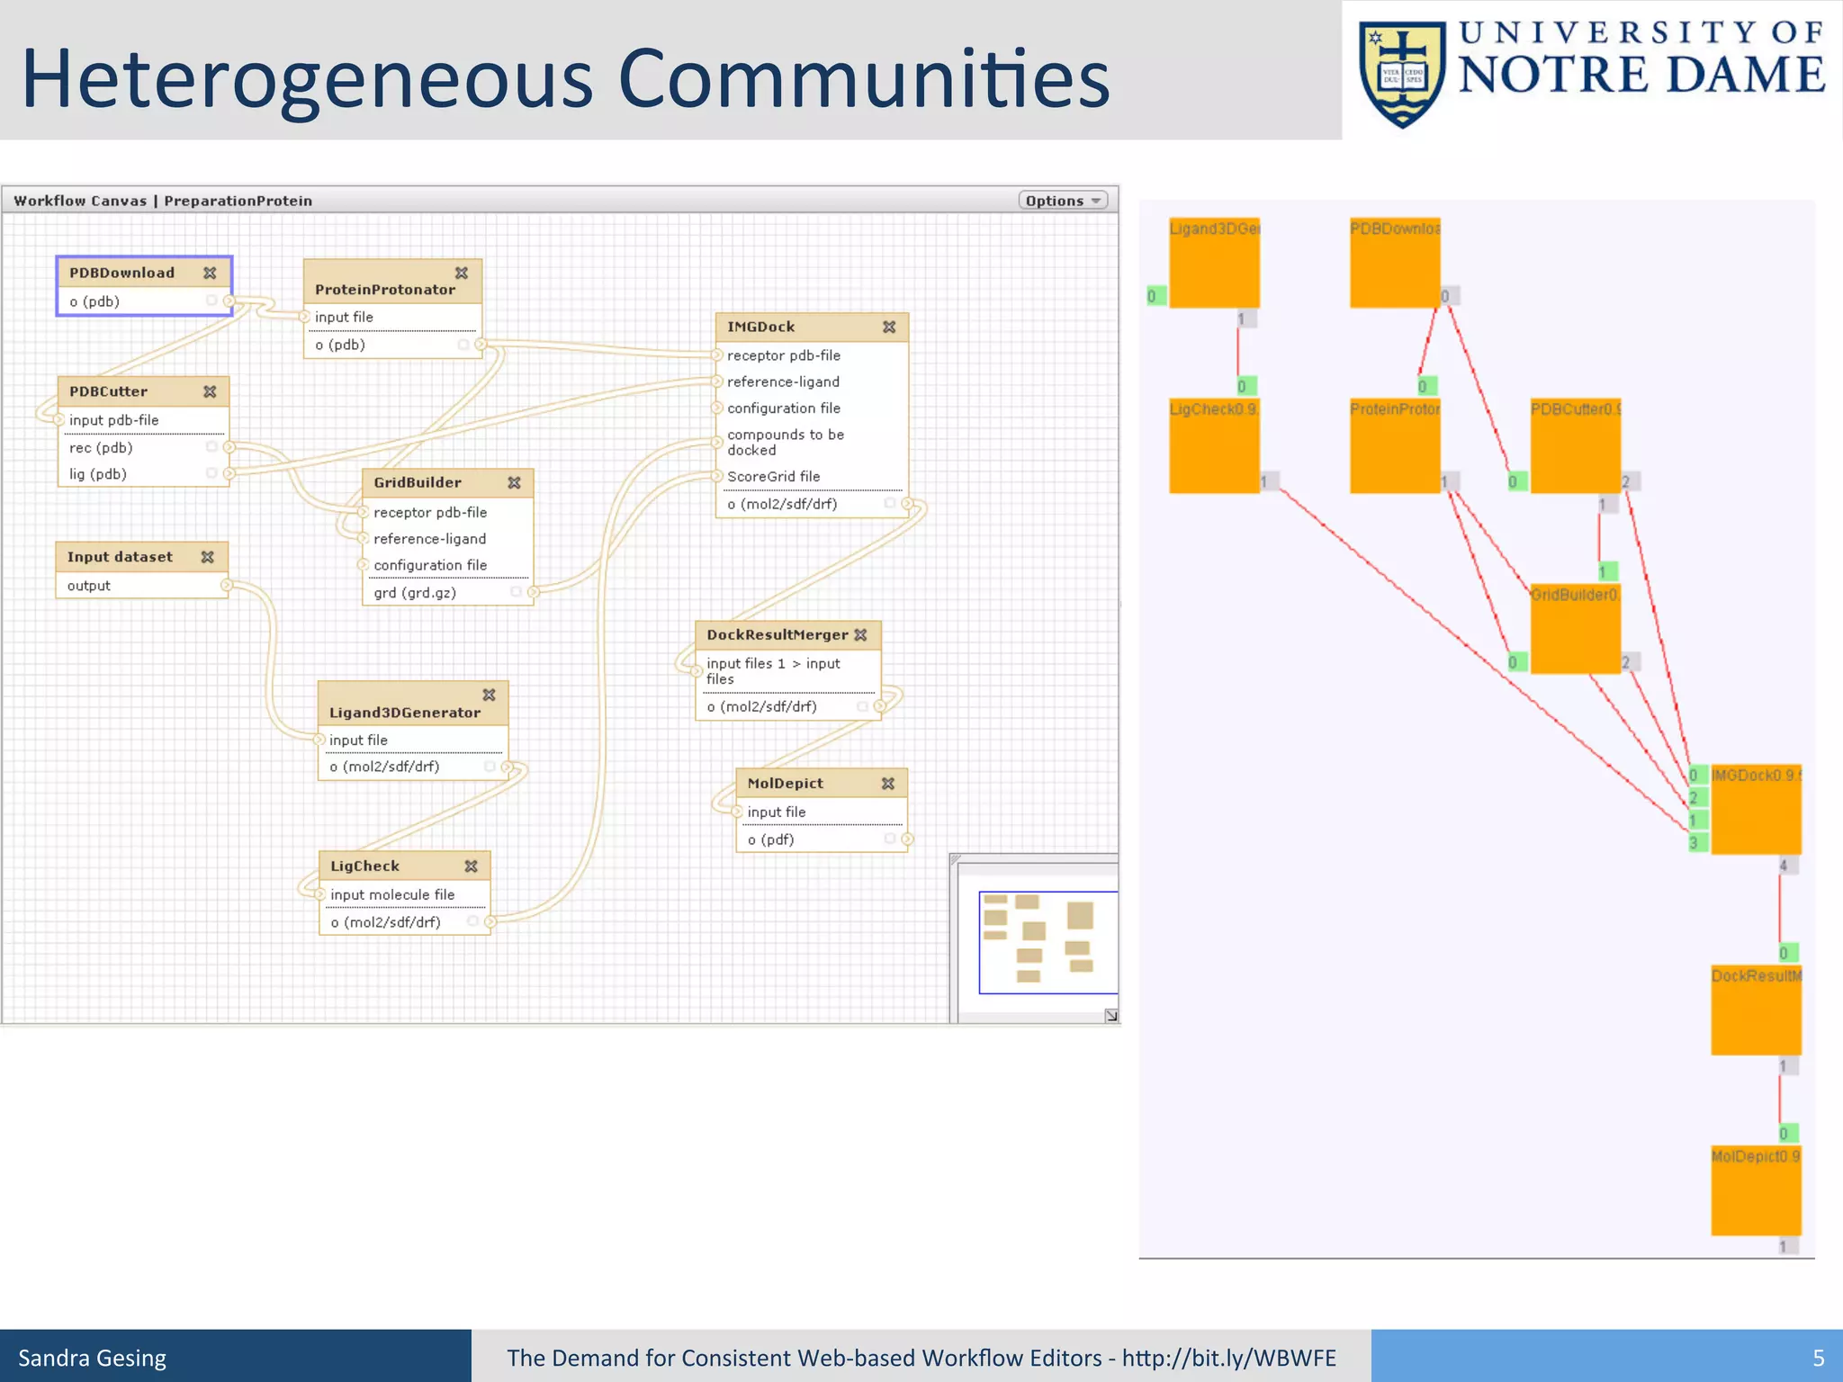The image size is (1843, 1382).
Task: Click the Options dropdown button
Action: [1062, 201]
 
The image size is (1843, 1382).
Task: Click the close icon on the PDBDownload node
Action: [210, 273]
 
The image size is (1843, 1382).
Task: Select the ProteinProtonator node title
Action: [384, 290]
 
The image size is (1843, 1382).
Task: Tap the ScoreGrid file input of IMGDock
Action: [773, 476]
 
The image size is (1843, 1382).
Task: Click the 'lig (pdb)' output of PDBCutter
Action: [98, 474]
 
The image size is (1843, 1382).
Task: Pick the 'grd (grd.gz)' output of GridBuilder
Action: [415, 593]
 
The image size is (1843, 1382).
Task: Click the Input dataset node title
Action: [120, 557]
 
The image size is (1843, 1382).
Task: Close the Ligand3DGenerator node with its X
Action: [489, 695]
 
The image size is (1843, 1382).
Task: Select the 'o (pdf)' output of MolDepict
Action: [770, 839]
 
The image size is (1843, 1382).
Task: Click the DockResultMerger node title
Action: [777, 635]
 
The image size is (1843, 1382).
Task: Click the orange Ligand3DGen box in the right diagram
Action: [1214, 264]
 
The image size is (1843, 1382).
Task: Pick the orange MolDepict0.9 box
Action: [1755, 1190]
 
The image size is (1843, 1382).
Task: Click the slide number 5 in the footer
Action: [1818, 1358]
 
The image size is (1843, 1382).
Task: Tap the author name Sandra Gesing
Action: [93, 1358]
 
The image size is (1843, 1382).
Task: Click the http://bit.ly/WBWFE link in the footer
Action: [1228, 1358]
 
